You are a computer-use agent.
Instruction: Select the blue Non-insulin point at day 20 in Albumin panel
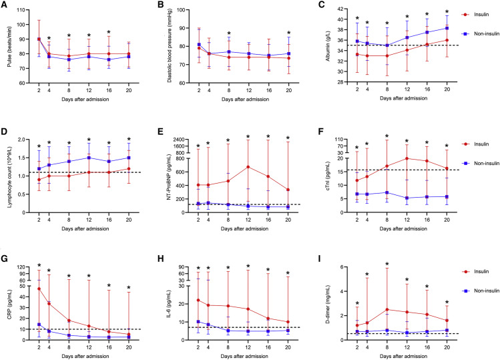[447, 28]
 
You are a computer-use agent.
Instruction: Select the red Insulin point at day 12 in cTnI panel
[407, 158]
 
